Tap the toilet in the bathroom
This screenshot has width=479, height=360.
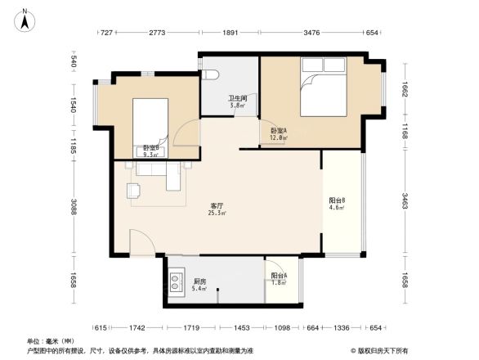pos(213,74)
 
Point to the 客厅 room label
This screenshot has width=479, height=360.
pos(217,205)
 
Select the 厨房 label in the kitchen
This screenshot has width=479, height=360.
pos(199,281)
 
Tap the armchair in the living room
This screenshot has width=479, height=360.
pos(134,191)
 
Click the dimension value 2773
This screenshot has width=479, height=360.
pos(158,33)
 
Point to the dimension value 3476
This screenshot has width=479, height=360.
pos(311,33)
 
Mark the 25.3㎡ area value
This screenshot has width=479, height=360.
pos(217,214)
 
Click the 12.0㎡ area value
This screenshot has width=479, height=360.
pos(278,138)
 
